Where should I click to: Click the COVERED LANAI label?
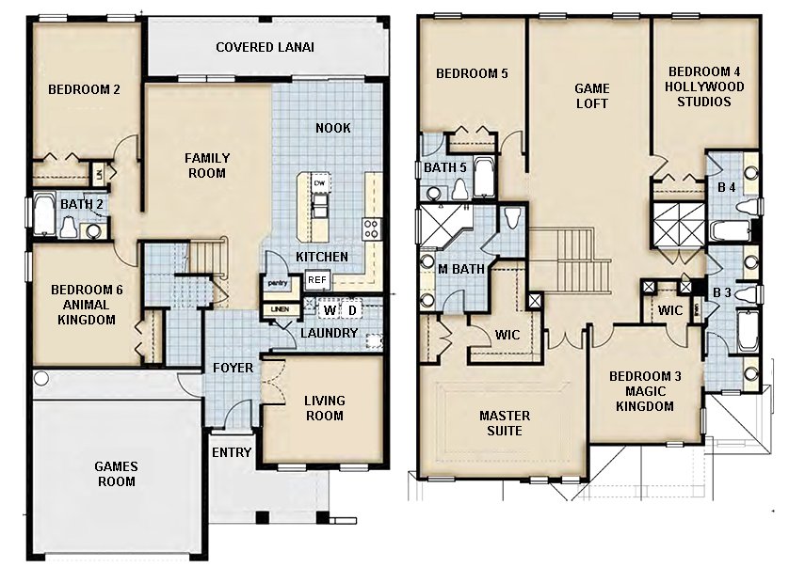point(265,47)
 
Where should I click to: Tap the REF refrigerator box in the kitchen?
point(316,279)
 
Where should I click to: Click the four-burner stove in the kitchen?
point(371,228)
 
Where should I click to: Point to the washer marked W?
point(330,309)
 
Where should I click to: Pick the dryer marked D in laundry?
point(352,309)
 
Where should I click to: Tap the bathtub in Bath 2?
point(43,215)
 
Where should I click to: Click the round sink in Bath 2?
point(94,230)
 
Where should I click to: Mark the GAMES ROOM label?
point(116,474)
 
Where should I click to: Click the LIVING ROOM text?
point(324,408)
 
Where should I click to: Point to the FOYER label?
point(232,367)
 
